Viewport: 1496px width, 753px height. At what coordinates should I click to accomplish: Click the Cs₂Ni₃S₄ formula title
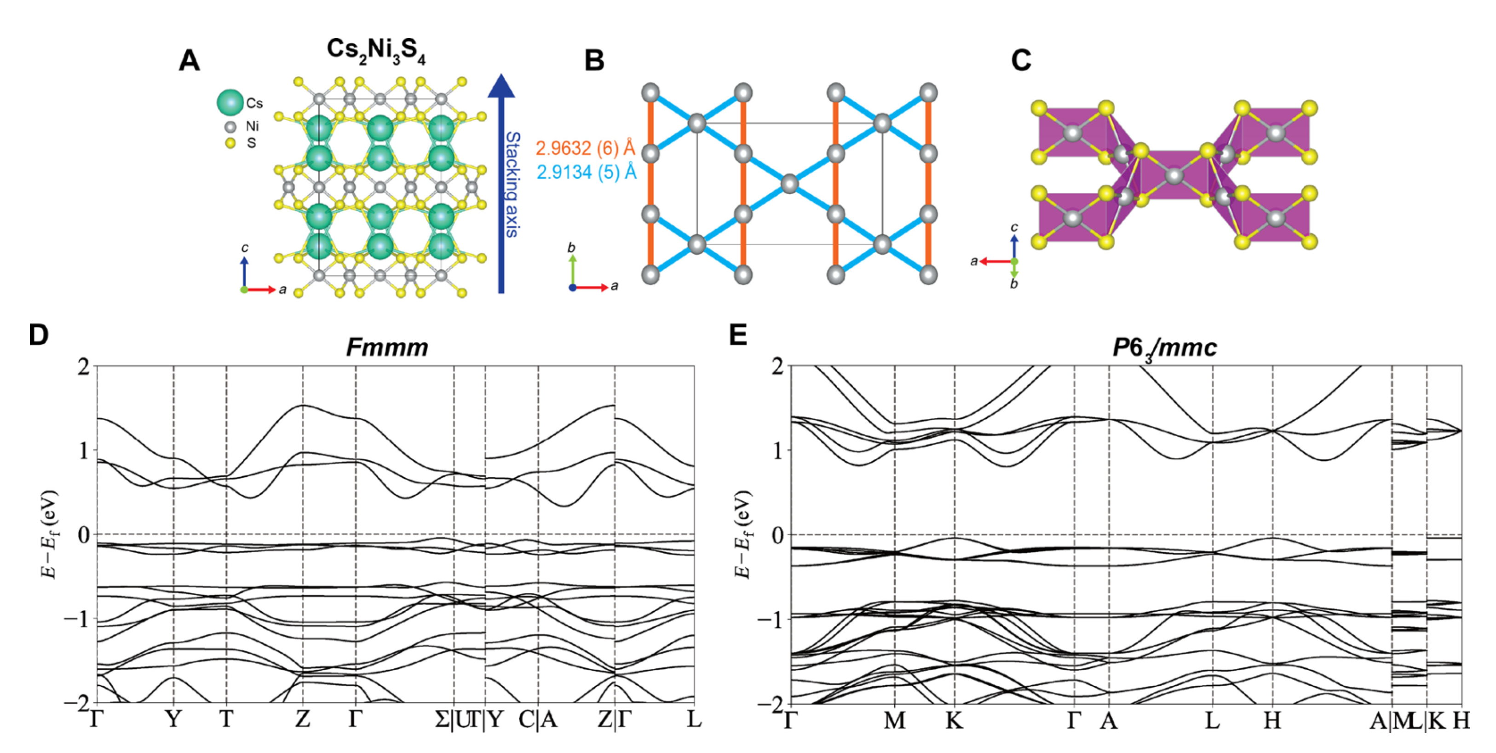pos(376,51)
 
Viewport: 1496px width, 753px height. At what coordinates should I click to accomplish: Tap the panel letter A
pos(190,60)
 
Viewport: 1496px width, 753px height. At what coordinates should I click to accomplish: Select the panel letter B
pos(594,60)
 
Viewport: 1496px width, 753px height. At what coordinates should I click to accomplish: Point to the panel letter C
pos(1021,60)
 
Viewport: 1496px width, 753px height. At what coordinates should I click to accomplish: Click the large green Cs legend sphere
pos(230,103)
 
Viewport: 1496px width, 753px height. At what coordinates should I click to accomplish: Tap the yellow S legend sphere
pos(230,142)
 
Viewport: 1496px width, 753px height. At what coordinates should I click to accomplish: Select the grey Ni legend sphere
pos(230,126)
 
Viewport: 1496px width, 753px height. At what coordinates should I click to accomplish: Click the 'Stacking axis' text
pos(512,184)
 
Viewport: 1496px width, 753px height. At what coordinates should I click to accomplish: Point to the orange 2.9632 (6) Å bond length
pos(586,148)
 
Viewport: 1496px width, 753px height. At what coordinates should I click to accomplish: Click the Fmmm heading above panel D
pos(387,348)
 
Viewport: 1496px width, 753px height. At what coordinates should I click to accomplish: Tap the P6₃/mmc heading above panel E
pos(1164,348)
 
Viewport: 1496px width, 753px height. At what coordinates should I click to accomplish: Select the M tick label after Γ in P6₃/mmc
pos(894,720)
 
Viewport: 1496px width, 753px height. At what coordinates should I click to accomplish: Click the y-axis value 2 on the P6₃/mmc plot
pos(777,367)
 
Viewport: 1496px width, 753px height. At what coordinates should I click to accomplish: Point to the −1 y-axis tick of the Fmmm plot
pos(77,619)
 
